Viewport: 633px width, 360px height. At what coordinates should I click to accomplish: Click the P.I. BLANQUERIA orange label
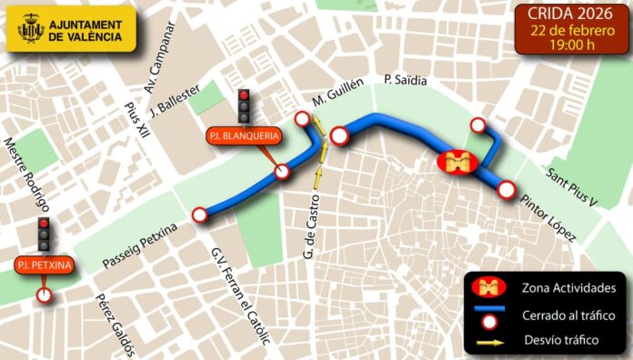pos(243,136)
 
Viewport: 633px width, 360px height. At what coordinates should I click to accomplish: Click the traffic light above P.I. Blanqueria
pos(244,106)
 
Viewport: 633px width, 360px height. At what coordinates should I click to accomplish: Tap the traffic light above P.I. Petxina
pos(43,235)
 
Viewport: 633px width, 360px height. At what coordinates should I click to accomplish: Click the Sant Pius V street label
pos(570,186)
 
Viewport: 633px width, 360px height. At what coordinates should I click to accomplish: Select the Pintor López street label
pos(548,218)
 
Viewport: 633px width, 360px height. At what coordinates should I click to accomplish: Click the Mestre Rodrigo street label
pos(26,174)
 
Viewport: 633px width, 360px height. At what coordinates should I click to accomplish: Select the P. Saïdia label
pos(406,80)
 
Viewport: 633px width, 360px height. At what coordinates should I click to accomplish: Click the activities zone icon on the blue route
pos(457,163)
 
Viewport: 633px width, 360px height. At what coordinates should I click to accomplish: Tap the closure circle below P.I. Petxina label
pos(43,295)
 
